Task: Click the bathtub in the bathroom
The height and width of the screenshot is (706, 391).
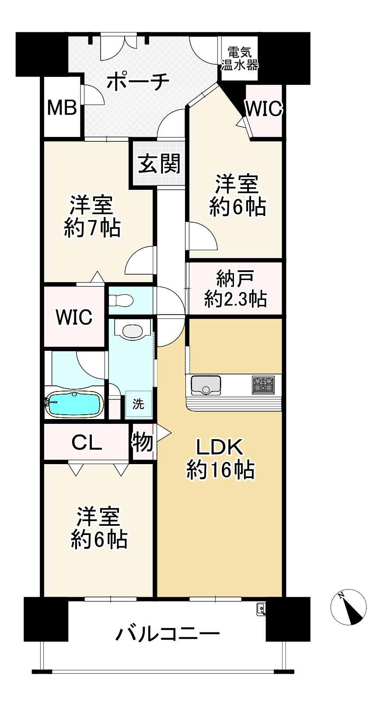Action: point(75,404)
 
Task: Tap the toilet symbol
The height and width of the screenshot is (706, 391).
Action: point(120,300)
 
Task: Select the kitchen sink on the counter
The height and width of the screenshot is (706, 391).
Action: point(206,385)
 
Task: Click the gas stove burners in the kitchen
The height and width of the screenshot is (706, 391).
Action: point(263,385)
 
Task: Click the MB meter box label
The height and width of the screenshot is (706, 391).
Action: point(62,108)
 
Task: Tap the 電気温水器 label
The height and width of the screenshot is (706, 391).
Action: point(239,59)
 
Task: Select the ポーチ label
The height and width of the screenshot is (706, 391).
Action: point(138,81)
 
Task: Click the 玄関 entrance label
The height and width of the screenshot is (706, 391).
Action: point(159,164)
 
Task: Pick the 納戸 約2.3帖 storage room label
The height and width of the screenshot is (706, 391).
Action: point(235,289)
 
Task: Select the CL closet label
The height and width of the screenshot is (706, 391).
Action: point(87,443)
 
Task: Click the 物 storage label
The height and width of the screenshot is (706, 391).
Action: point(143,442)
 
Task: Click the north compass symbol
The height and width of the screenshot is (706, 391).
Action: point(349,607)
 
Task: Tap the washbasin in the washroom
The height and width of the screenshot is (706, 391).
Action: point(132,331)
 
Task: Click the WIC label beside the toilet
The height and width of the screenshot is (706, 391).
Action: point(74,317)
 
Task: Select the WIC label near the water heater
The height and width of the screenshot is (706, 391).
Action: point(264,108)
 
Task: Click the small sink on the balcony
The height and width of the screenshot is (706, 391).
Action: point(261,608)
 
